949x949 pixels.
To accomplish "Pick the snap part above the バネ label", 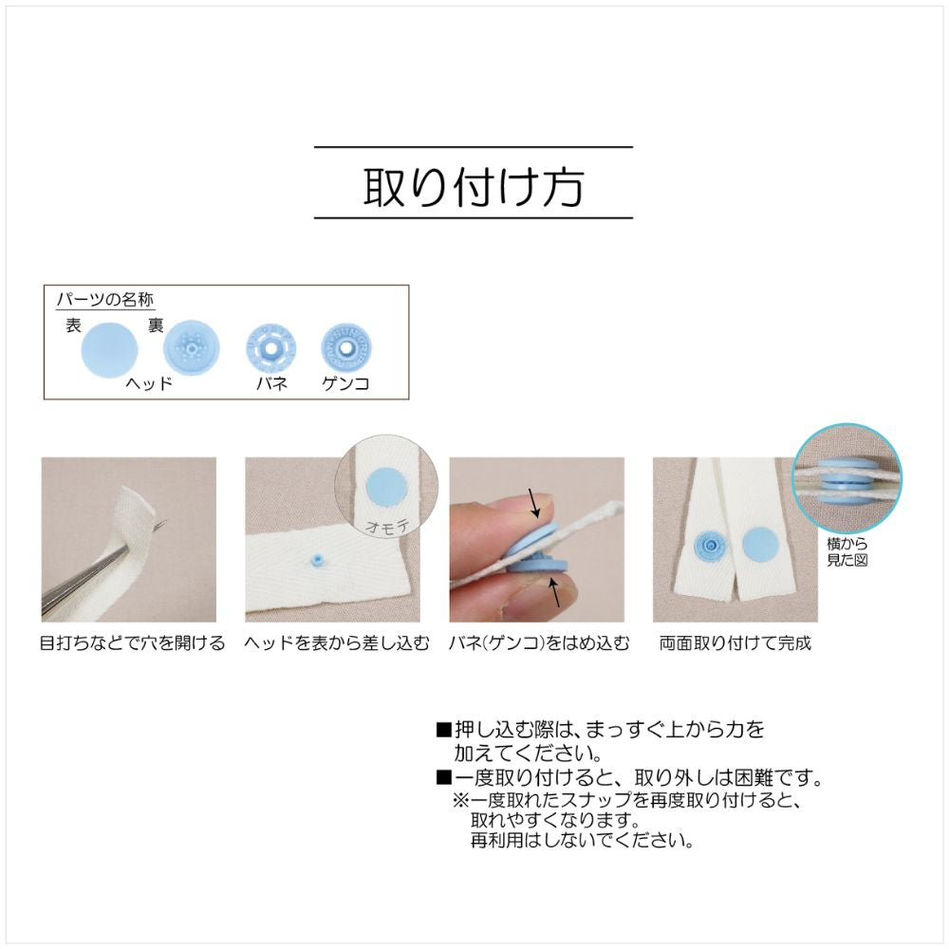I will point(270,350).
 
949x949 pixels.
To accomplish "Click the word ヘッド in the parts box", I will point(150,384).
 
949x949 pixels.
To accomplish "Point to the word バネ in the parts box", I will point(270,384).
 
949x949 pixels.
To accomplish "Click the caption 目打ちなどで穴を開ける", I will point(132,643).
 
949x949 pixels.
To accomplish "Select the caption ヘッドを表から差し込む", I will point(332,643).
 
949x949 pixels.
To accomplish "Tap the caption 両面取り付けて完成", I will point(735,643).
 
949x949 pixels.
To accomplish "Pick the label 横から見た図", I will point(847,552).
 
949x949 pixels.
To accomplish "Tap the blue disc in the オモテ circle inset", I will point(385,487).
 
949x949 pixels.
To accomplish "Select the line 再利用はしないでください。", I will point(581,841).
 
